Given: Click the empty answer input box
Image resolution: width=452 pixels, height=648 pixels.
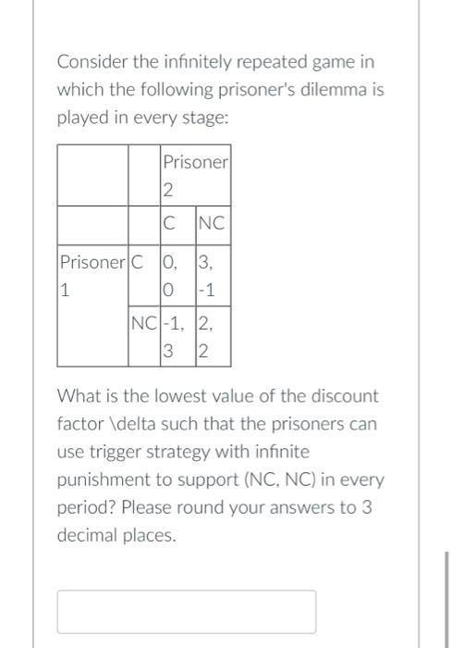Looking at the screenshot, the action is (187, 611).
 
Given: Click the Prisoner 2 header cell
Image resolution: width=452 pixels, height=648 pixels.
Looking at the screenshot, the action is (195, 175).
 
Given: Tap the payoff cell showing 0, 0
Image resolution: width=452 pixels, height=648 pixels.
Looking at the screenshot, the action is (176, 275).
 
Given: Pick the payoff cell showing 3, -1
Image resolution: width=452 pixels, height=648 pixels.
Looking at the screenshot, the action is (212, 275).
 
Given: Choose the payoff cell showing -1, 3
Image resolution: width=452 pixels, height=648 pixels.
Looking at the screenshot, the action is (176, 337).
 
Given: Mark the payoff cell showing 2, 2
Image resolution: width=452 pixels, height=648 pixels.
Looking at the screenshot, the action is (212, 337).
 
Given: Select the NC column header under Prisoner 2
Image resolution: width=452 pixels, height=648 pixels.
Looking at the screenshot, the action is (212, 223).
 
